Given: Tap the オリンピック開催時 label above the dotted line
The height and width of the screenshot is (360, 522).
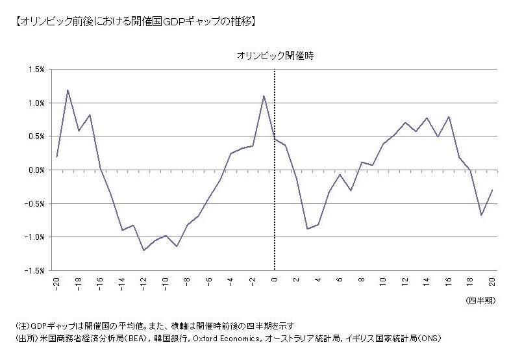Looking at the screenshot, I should click(275, 57).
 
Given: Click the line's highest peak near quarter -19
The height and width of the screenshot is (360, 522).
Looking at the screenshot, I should click(68, 90).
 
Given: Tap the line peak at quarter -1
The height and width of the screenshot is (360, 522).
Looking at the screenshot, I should click(264, 96).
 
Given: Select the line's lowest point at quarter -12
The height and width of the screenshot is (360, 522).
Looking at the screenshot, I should click(143, 250).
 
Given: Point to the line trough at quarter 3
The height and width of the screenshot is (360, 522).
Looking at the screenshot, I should click(307, 229).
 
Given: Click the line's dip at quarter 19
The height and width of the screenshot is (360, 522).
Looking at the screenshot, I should click(481, 215).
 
